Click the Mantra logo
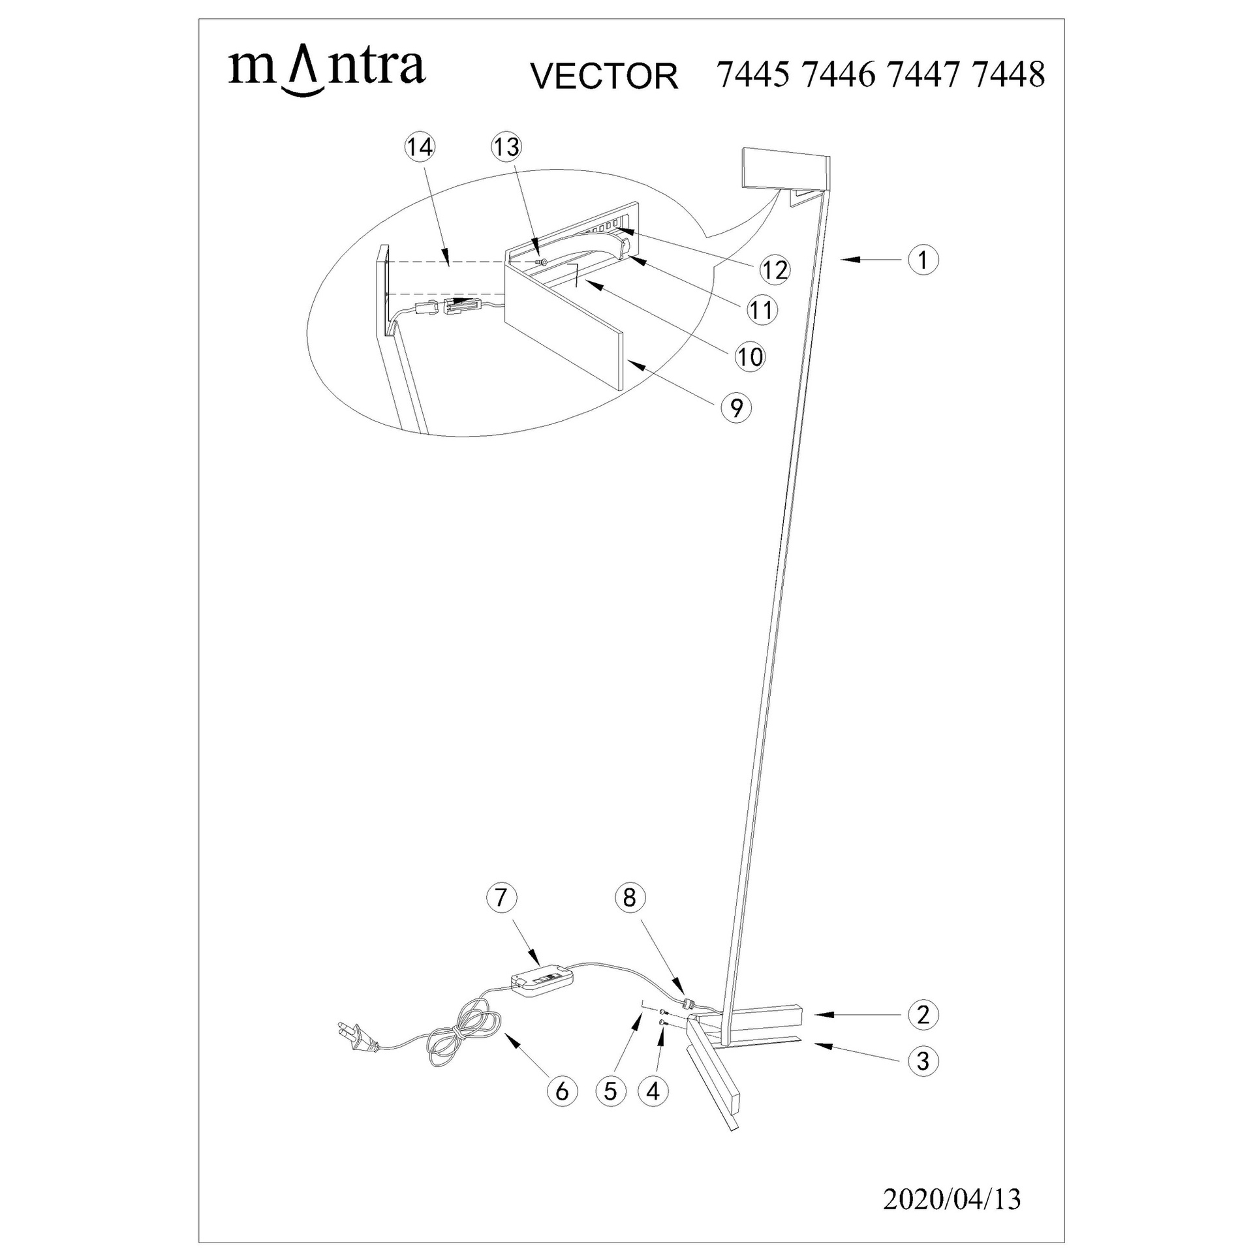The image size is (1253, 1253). click(x=326, y=72)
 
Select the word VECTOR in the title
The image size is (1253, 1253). click(x=604, y=76)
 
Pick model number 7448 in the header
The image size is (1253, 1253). click(x=1008, y=74)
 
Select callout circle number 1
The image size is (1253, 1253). click(x=923, y=260)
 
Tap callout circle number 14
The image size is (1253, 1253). click(x=419, y=147)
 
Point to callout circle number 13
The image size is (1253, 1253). click(x=507, y=147)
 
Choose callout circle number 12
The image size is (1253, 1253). click(x=775, y=269)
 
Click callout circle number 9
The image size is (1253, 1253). click(x=736, y=408)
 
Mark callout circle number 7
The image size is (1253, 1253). click(x=501, y=897)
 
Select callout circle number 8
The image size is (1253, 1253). click(x=629, y=897)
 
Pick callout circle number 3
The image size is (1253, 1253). click(x=923, y=1061)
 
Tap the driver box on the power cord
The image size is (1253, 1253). click(x=542, y=997)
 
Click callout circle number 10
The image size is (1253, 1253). click(x=750, y=357)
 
